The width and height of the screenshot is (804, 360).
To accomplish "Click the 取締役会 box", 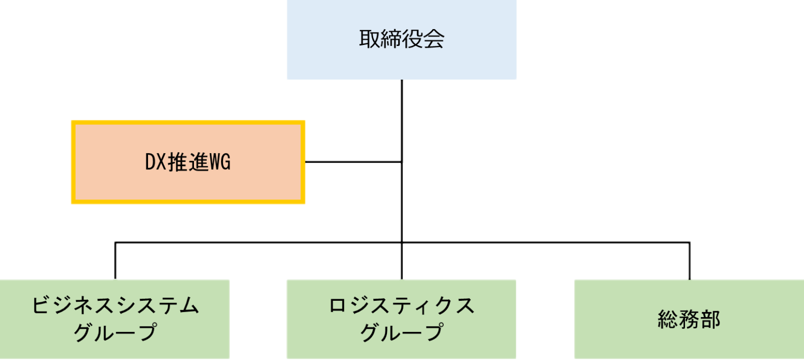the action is pos(402,40).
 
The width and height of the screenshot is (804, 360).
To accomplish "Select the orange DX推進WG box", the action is pos(188,162).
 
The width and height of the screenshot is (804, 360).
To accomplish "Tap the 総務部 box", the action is pos(689,320).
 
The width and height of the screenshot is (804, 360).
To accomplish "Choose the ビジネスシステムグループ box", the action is pos(115,320).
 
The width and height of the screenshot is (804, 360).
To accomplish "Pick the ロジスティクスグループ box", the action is pos(401,320).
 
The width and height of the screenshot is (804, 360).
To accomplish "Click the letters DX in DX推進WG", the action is pos(156,162).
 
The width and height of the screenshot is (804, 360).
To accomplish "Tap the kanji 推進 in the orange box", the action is pos(188,162).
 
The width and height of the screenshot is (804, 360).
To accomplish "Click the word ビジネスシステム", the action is pos(115,306).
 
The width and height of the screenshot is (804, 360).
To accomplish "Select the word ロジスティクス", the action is pos(402,306).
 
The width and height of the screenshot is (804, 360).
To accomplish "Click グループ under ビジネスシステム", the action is pos(115,332).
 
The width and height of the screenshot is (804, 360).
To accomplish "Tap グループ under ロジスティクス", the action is pos(402,332).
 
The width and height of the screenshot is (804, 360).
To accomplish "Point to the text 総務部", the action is pos(689,319).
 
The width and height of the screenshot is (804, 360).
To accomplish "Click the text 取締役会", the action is pos(402,39).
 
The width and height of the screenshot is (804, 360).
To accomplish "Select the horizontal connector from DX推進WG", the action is pos(353,162).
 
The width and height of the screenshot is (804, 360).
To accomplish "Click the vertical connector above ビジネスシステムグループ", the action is pos(115,261).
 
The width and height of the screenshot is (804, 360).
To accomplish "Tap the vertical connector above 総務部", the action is pos(689,261).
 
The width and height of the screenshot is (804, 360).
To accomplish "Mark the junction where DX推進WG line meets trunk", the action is pos(402,162).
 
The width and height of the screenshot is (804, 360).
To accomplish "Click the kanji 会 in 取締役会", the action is pos(434,39).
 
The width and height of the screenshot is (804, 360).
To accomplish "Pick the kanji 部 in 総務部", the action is pos(710,319).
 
